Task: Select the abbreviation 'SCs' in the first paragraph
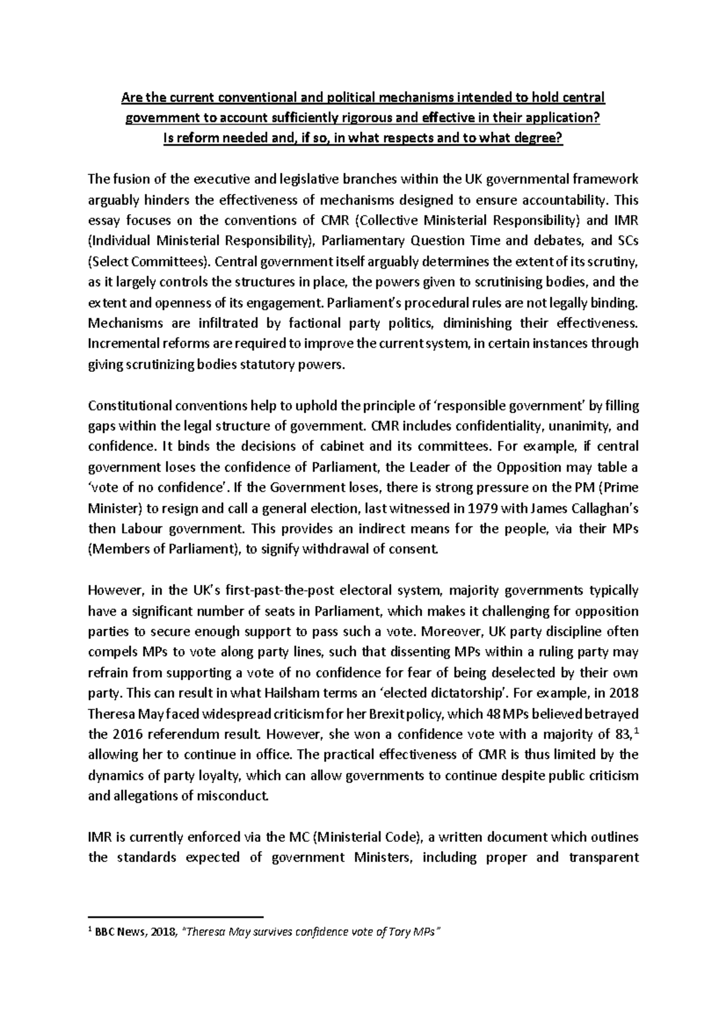click(627, 241)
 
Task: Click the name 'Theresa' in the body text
click(111, 714)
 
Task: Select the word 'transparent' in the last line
click(603, 858)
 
